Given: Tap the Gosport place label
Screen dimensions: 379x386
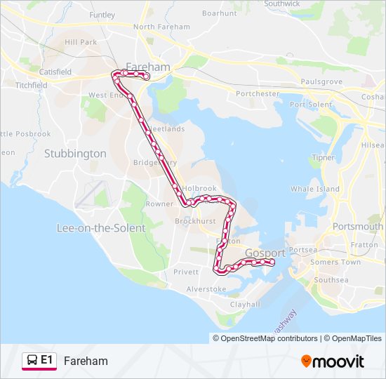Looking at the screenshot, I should (265, 253).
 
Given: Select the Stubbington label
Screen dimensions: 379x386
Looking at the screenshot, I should (75, 153).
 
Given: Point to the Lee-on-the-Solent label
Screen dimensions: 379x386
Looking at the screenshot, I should (100, 228).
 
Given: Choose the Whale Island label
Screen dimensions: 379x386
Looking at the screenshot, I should (315, 189).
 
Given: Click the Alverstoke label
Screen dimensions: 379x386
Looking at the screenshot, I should (206, 289).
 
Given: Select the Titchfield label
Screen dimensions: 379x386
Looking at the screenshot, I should (31, 85).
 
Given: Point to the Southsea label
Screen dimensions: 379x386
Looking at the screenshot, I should (331, 280).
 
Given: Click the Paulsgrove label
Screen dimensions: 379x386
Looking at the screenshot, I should (321, 82).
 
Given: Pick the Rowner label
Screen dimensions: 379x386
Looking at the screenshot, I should (159, 204).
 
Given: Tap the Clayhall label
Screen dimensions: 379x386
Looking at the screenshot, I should (245, 305).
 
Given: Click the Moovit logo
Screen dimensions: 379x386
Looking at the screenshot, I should (333, 361).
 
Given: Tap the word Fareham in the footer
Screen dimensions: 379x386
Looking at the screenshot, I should (86, 361).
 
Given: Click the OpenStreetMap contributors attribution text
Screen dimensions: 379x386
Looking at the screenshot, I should (269, 338).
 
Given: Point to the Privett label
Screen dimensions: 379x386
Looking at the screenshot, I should (186, 272).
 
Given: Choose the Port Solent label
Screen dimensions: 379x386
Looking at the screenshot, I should (311, 105).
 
